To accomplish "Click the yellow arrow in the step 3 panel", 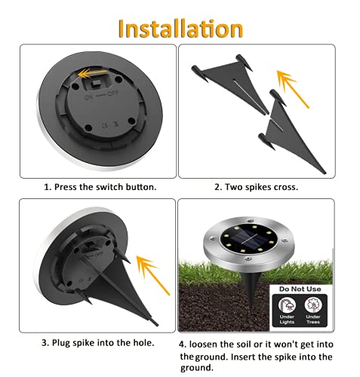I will click(150, 264).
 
